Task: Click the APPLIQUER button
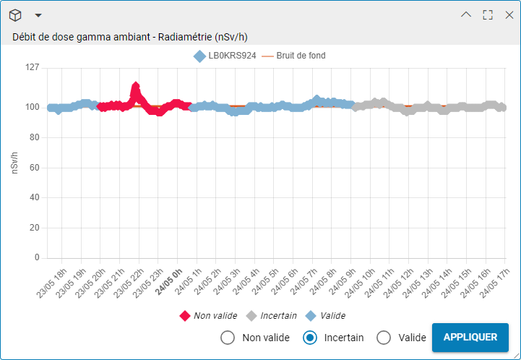click(x=470, y=337)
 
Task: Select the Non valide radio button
click(x=228, y=338)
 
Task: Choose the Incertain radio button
click(x=310, y=338)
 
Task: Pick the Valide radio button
click(x=384, y=338)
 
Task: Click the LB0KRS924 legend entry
click(x=225, y=56)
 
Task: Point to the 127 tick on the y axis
click(x=32, y=68)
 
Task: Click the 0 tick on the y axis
click(x=37, y=257)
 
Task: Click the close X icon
click(x=509, y=14)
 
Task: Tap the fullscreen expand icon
click(x=488, y=14)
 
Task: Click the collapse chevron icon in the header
click(x=466, y=14)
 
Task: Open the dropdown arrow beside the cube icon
click(x=38, y=15)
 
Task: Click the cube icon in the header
click(x=16, y=15)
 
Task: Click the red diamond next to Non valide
click(x=185, y=316)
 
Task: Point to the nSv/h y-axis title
click(x=14, y=163)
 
